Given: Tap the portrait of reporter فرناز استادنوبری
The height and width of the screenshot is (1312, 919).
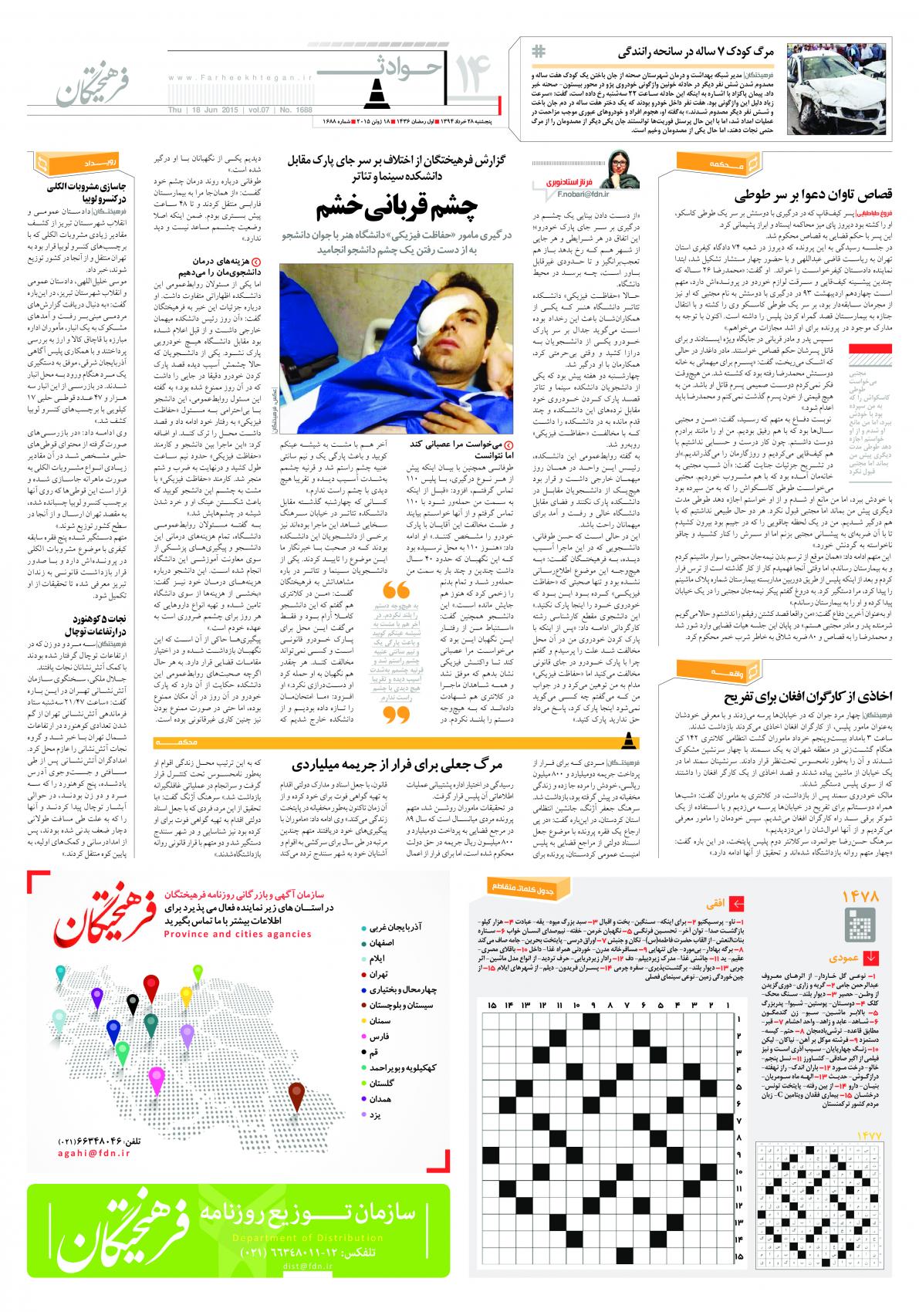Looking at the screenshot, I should point(623,167).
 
